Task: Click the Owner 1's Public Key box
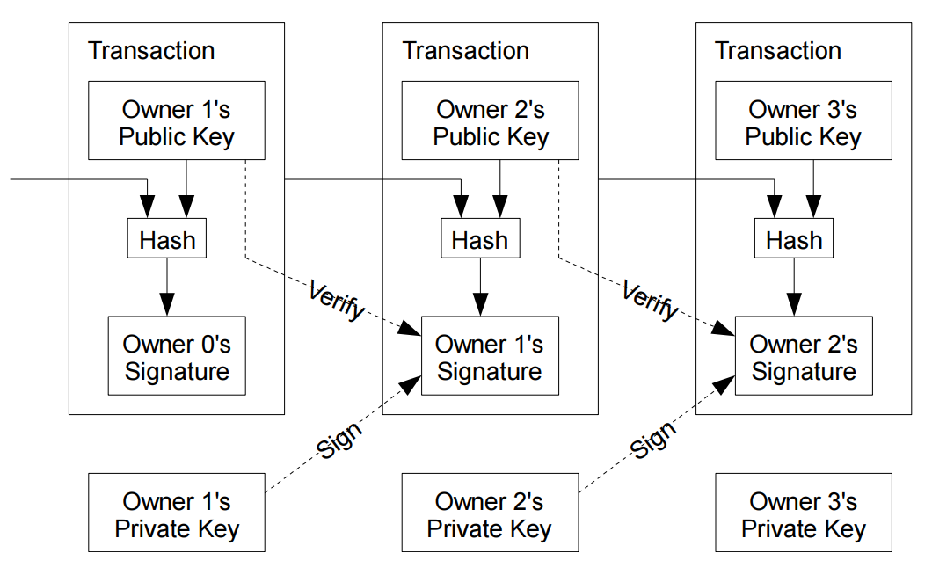[x=177, y=120]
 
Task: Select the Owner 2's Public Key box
[x=490, y=120]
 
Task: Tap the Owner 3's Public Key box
[x=804, y=120]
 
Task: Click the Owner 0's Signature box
[x=177, y=355]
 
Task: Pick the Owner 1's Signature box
[x=490, y=355]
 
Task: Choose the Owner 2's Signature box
[x=804, y=355]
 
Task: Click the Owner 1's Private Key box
[x=177, y=513]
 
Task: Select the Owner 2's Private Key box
[x=490, y=513]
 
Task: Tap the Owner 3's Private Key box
[x=804, y=513]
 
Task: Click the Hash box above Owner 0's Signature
[x=167, y=238]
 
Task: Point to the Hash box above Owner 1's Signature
[x=480, y=238]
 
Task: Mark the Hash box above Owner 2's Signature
[x=794, y=238]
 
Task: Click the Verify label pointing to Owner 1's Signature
[x=337, y=301]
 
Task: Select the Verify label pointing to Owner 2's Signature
[x=651, y=301]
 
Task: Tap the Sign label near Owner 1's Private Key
[x=339, y=440]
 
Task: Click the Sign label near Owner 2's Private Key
[x=652, y=440]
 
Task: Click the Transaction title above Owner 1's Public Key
[x=151, y=50]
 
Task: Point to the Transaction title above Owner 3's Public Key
[x=778, y=50]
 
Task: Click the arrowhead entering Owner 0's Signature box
[x=167, y=304]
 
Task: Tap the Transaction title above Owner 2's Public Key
[x=465, y=50]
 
